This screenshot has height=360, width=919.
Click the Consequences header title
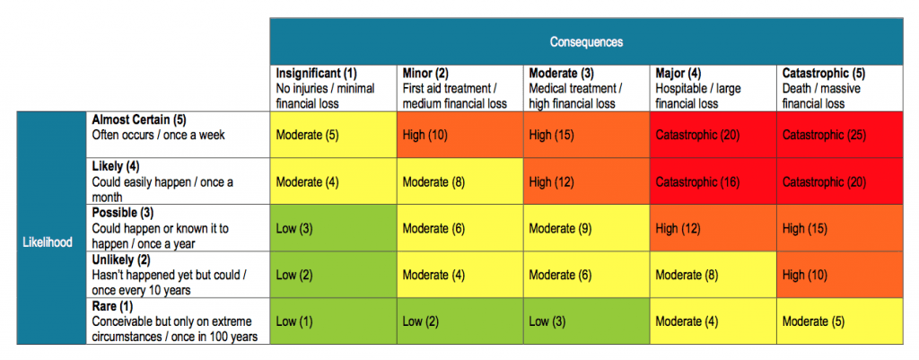[x=586, y=42]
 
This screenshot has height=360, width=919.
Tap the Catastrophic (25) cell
[x=839, y=135]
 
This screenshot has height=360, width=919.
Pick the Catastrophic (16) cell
[x=713, y=182]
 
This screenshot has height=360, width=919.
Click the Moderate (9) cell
[x=586, y=229]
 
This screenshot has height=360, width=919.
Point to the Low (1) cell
[x=333, y=321]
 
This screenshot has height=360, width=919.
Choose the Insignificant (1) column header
[x=333, y=88]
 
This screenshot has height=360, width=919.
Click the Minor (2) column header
[x=459, y=88]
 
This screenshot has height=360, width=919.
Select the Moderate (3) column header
[x=586, y=88]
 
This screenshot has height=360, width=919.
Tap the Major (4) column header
[x=713, y=88]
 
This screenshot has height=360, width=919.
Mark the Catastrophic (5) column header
[x=839, y=88]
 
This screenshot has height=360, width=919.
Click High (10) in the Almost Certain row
[x=459, y=135]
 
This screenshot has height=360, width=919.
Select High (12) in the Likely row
[x=586, y=182]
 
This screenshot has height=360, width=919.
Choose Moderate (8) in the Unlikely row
[x=713, y=275]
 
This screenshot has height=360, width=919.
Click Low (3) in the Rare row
[x=586, y=321]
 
